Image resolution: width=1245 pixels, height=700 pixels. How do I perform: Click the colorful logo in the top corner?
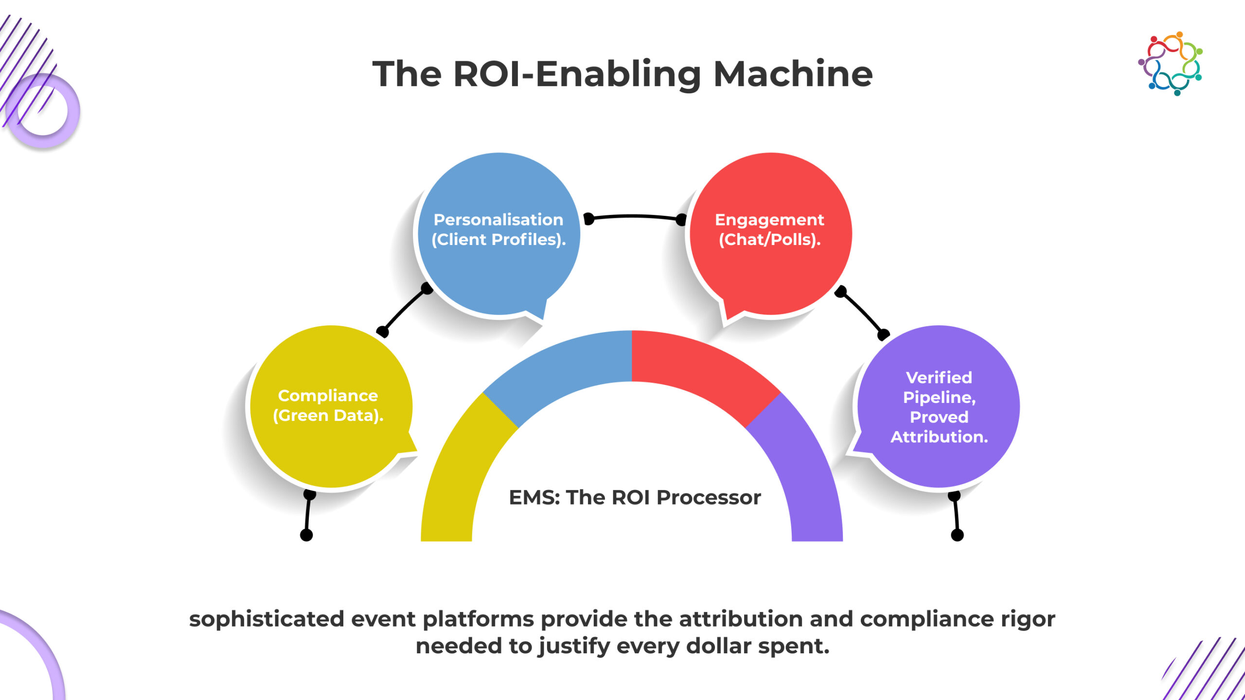click(1171, 64)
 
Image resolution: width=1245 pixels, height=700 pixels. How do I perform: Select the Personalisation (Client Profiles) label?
click(498, 229)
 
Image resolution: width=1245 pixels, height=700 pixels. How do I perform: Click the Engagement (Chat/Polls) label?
click(769, 229)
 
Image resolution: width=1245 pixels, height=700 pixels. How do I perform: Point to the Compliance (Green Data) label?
click(328, 405)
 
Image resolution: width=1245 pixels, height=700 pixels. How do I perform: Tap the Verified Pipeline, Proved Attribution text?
click(939, 407)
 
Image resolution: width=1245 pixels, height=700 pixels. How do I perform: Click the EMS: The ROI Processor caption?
click(635, 497)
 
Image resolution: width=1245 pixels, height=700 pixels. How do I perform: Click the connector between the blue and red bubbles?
click(635, 216)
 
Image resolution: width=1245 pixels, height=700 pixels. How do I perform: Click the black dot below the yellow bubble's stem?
click(306, 535)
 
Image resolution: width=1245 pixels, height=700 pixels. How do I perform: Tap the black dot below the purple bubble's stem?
click(957, 535)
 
